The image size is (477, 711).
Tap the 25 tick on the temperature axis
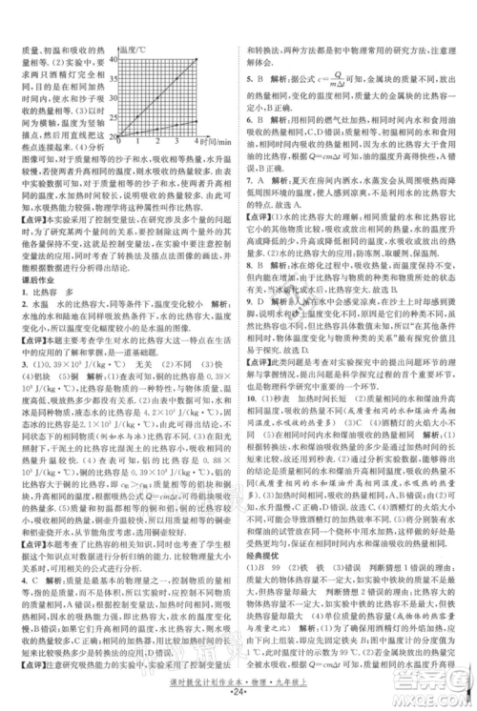[116, 117]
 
